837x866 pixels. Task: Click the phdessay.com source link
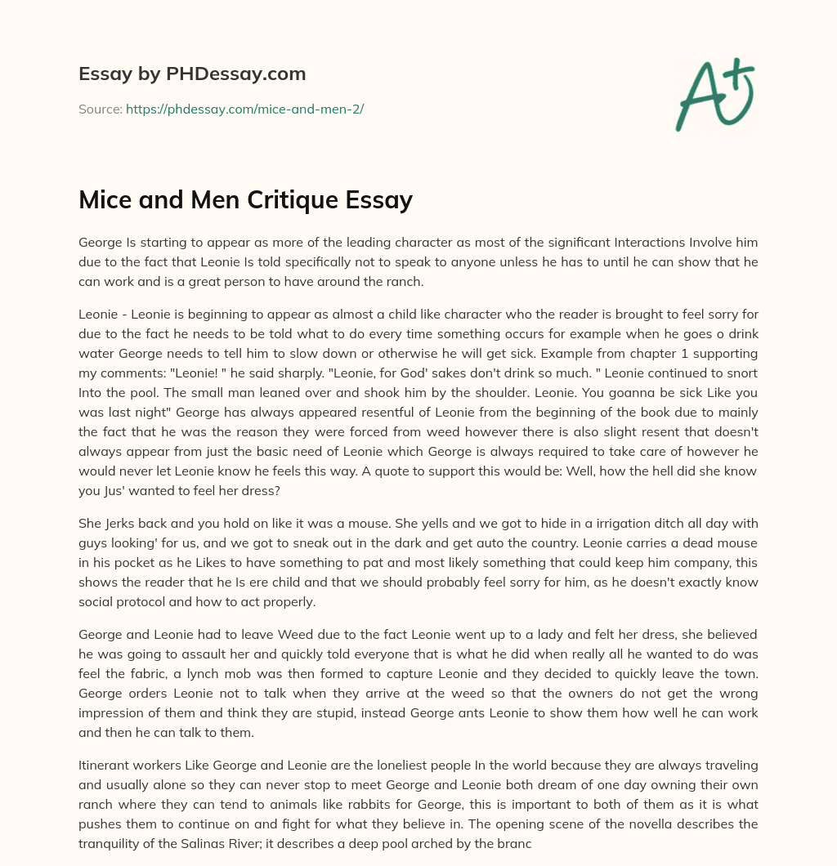(x=244, y=109)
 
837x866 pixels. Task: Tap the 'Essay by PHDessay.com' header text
(x=192, y=74)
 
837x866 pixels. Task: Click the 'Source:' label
(x=100, y=109)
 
